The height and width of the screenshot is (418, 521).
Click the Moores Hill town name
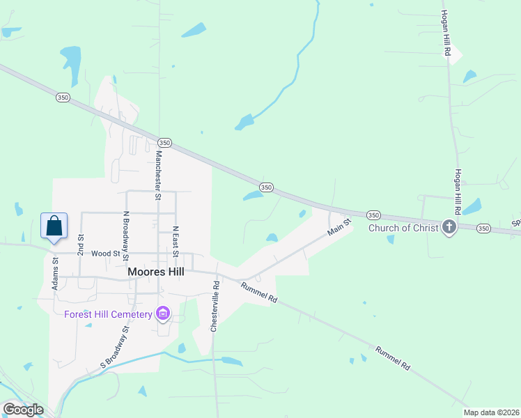tap(156, 272)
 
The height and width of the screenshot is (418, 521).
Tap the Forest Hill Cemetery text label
tap(108, 314)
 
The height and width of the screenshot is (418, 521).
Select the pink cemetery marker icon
tap(163, 314)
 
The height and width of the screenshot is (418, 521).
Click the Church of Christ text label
tap(403, 227)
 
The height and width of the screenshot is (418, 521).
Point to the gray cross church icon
tap(449, 227)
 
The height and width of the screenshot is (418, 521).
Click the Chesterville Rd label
tap(215, 307)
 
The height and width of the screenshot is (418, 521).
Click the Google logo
tap(23, 410)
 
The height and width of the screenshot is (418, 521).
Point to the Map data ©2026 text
tap(491, 412)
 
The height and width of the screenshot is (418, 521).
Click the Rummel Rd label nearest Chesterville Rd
tap(259, 292)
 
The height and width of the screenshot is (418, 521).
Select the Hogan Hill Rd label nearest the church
tap(458, 191)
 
